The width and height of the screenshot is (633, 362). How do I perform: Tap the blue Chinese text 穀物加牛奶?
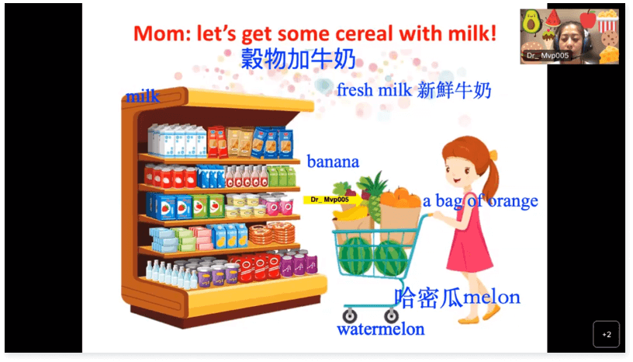298,59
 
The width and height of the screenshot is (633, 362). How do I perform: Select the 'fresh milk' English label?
374,90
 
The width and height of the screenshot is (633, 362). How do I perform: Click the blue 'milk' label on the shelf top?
143,96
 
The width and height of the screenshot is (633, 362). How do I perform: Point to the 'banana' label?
333,162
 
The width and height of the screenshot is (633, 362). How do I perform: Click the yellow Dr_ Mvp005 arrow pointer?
333,200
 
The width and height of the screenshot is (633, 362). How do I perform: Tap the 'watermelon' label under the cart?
381,329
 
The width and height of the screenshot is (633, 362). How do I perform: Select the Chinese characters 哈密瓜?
428,298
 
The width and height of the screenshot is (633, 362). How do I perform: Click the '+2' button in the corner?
606,334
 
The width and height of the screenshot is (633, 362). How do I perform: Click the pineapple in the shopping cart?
373,197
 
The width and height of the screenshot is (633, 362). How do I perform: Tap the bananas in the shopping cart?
350,211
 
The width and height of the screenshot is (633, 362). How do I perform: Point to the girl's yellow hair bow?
493,155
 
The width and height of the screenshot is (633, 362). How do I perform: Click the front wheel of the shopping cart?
350,316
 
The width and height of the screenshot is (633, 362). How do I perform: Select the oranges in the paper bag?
400,197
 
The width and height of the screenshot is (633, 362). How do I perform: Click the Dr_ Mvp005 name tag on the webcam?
548,55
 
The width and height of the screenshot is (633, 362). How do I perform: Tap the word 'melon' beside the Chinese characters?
491,298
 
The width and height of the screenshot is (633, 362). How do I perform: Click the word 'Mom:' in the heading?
162,33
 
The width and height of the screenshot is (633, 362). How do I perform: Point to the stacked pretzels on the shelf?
272,232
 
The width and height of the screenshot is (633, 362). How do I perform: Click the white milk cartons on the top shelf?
178,141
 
